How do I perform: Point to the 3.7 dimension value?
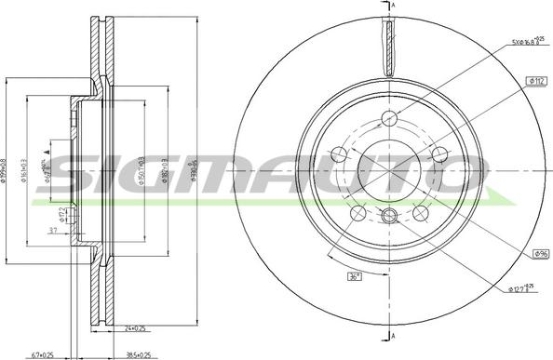tap(54, 229)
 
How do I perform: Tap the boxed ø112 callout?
tap(536, 83)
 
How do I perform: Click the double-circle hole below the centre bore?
tap(390, 218)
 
